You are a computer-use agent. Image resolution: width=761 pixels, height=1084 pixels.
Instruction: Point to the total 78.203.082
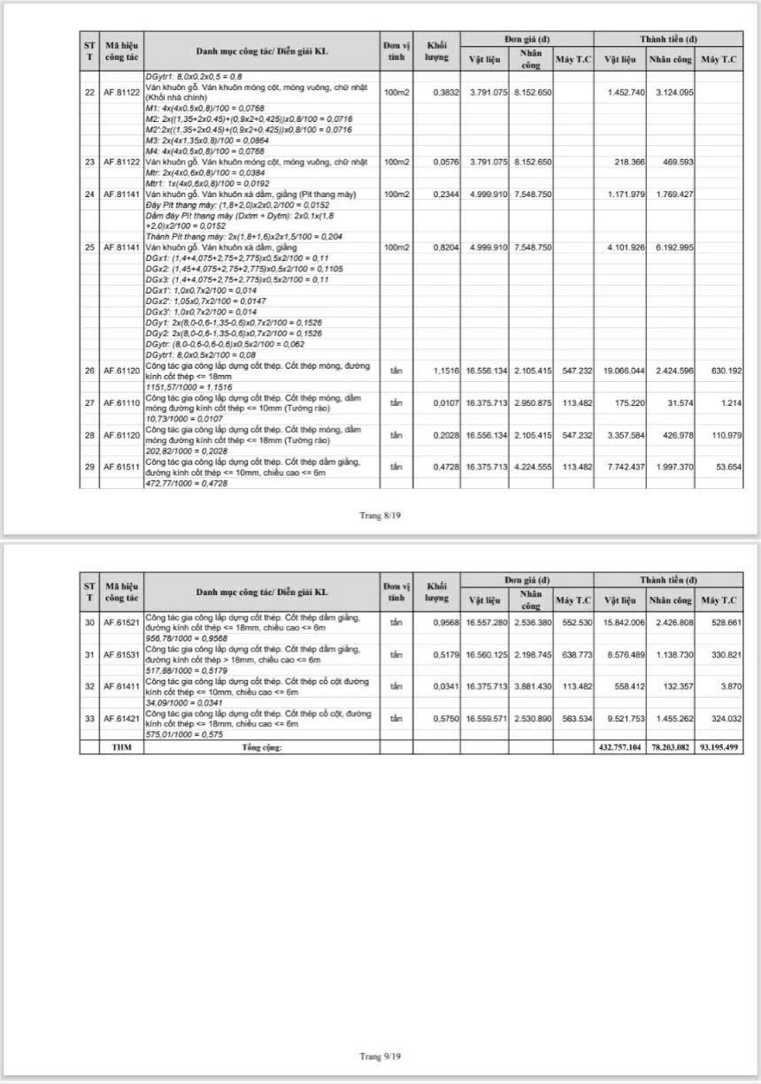(669, 747)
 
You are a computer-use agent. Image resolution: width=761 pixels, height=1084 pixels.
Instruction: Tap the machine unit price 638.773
(575, 655)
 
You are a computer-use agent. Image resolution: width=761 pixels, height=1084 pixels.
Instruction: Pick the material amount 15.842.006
(619, 622)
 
